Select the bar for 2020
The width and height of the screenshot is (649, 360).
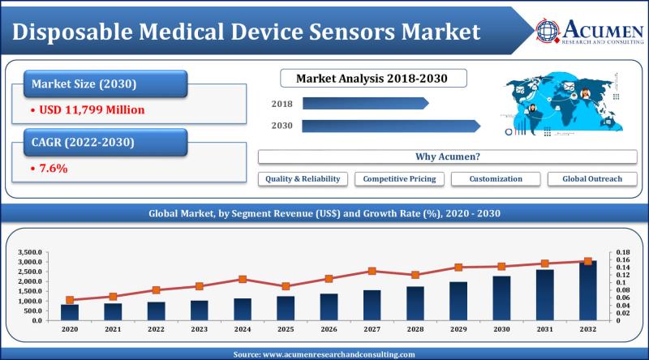click(70, 312)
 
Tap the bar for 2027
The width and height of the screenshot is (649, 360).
click(372, 305)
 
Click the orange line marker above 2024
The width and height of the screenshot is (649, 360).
click(243, 279)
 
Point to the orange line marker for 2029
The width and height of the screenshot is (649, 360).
click(458, 267)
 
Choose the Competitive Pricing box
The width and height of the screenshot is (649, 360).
click(399, 178)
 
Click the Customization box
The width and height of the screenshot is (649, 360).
click(496, 178)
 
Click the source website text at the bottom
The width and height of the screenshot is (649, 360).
click(324, 354)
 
